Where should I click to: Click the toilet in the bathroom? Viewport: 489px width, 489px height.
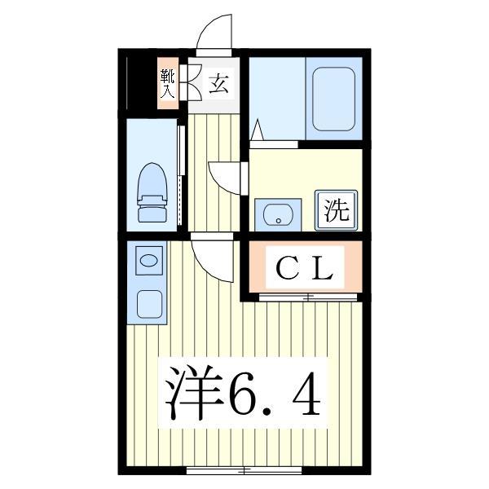click(152, 192)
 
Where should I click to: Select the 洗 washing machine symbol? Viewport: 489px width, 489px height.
click(336, 211)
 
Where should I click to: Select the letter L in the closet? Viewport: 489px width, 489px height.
click(324, 268)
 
